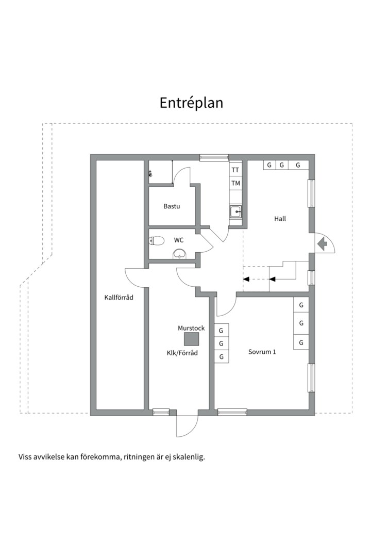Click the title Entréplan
coord(191,103)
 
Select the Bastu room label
coord(172,206)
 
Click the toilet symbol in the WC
coord(156,240)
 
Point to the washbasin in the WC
coord(179,253)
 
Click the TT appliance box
coord(235,170)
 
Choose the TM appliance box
coord(235,183)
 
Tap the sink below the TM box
coord(235,210)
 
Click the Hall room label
coord(280,219)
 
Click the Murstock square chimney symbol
coord(192,339)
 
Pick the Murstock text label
coord(191,328)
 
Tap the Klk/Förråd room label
coord(182,353)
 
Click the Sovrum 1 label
coord(262,352)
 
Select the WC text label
coord(179,240)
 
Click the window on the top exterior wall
coord(214,157)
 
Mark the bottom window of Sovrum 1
coord(232,412)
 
